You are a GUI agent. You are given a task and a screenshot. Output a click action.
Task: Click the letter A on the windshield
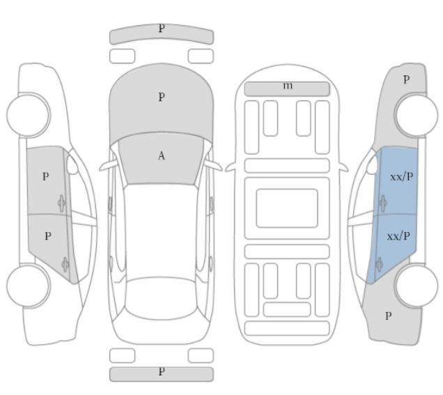click(x=161, y=156)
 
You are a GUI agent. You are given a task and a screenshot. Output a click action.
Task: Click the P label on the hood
click(x=161, y=98)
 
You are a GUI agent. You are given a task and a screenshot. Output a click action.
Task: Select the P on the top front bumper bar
click(x=161, y=29)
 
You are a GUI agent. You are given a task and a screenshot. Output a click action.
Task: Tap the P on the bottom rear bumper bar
click(x=161, y=371)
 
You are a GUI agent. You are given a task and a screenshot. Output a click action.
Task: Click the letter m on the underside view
click(x=287, y=86)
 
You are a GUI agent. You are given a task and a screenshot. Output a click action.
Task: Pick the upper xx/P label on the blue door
click(x=401, y=177)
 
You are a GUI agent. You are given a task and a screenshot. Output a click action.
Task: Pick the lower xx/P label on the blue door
click(x=398, y=237)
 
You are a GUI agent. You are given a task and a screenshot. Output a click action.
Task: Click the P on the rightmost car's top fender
click(x=406, y=80)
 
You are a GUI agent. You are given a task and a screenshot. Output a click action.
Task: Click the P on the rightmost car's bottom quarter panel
click(x=389, y=316)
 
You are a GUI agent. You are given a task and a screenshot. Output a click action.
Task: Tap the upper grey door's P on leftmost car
click(x=45, y=177)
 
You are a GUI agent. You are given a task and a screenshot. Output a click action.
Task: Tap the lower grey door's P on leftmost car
click(x=47, y=236)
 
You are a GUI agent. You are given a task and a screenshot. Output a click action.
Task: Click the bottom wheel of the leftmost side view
click(x=28, y=286)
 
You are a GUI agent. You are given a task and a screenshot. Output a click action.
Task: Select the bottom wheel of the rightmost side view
click(x=415, y=286)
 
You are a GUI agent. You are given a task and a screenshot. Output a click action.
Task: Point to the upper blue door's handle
click(x=382, y=203)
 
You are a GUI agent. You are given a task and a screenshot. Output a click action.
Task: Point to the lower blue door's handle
click(x=379, y=263)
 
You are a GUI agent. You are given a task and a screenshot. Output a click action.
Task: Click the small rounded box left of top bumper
click(x=122, y=54)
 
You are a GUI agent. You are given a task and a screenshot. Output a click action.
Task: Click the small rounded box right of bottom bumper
click(x=201, y=355)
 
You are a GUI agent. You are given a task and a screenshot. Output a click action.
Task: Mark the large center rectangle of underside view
click(x=286, y=208)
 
